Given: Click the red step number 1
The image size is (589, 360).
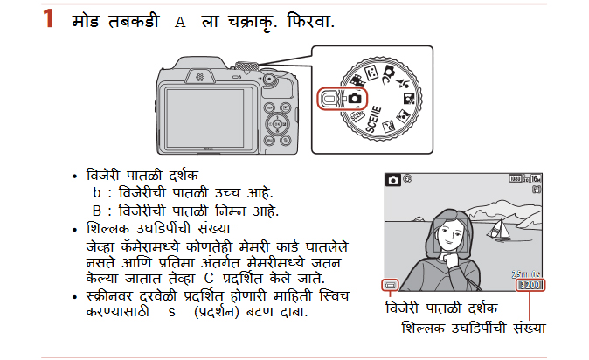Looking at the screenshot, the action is [48, 18].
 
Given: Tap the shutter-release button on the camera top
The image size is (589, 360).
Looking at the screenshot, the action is [268, 79].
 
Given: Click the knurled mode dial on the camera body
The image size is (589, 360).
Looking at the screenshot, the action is [246, 66].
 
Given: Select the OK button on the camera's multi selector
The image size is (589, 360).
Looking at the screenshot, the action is [277, 123].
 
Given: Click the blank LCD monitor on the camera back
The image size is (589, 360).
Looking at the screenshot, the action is [205, 118].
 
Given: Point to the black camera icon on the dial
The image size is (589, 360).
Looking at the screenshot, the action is [355, 99].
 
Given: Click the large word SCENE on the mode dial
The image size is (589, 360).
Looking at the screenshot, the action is [374, 120].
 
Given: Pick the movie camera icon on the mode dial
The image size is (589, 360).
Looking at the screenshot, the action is [357, 80].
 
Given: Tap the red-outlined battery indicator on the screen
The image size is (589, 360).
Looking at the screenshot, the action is [391, 285].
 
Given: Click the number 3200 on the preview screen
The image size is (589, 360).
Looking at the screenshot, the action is [530, 285].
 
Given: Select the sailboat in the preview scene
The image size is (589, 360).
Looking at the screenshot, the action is [499, 229].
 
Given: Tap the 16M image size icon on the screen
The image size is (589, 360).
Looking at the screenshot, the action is [536, 179].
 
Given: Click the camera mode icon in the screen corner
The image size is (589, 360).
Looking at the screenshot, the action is [393, 180].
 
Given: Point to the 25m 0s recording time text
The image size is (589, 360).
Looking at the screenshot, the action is [526, 274].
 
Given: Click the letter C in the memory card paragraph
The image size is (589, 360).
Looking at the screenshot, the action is [209, 279].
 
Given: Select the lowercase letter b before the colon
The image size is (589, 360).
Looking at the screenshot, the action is [97, 193].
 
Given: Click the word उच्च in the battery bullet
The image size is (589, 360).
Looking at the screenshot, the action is [227, 192].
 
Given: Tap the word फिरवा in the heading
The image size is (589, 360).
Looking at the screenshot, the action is [310, 21].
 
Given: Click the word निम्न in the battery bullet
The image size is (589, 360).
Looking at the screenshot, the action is [230, 211].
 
